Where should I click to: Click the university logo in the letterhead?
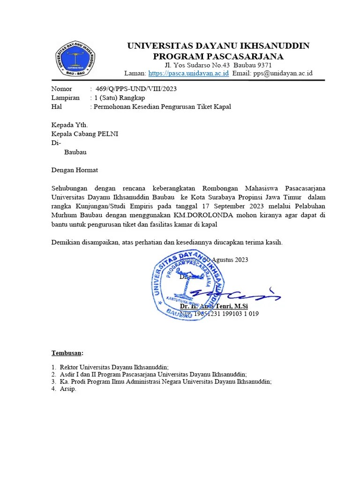(75, 59)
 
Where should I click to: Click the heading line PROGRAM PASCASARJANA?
(218, 56)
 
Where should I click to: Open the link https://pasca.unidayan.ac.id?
(188, 73)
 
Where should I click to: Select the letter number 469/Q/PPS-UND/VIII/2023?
(136, 89)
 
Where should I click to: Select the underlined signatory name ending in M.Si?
(220, 306)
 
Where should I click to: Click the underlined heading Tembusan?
(67, 352)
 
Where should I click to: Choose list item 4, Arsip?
(68, 389)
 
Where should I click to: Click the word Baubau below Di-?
(75, 152)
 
